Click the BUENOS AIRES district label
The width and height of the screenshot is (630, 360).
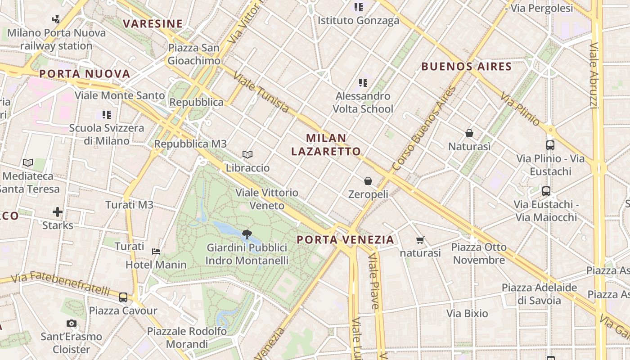pyautogui.click(x=466, y=67)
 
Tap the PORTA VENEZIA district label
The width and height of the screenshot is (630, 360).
pyautogui.click(x=346, y=240)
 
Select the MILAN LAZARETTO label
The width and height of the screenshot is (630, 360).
pyautogui.click(x=326, y=144)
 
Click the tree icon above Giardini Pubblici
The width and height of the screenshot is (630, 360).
pyautogui.click(x=246, y=234)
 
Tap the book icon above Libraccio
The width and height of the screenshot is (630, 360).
pyautogui.click(x=247, y=154)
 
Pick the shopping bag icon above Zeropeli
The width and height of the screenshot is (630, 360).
pyautogui.click(x=368, y=181)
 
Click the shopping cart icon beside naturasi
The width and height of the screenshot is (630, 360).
pyautogui.click(x=420, y=240)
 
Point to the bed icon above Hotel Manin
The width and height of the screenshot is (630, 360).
pyautogui.click(x=156, y=251)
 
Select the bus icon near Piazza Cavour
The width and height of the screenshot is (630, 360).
pyautogui.click(x=123, y=297)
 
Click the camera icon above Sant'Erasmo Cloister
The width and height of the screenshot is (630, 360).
pyautogui.click(x=71, y=323)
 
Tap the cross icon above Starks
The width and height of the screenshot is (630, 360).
pyautogui.click(x=58, y=211)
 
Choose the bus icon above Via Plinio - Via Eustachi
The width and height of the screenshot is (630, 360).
pyautogui.click(x=550, y=145)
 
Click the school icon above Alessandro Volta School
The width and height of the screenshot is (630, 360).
pyautogui.click(x=363, y=82)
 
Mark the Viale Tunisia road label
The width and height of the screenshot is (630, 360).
pyautogui.click(x=261, y=93)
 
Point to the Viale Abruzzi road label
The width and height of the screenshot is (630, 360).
pyautogui.click(x=594, y=76)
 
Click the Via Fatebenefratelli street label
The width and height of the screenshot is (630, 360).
pyautogui.click(x=60, y=283)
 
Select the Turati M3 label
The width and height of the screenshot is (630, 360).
pyautogui.click(x=129, y=205)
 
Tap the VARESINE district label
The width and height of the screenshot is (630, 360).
pyautogui.click(x=153, y=24)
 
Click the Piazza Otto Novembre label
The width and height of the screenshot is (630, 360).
pyautogui.click(x=479, y=253)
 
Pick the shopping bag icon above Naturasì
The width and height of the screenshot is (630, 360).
pyautogui.click(x=469, y=133)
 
